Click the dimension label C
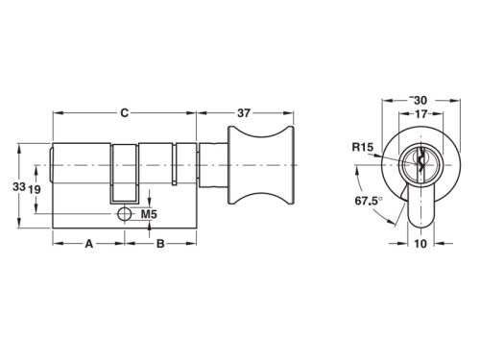click(124, 112)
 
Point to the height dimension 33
click(17, 186)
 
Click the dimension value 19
click(34, 189)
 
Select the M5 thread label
click(149, 213)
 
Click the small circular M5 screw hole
click(123, 214)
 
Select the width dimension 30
click(419, 99)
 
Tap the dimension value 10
click(419, 244)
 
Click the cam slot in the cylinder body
click(125, 168)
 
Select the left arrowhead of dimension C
click(55, 112)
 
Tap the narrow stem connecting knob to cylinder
click(212, 169)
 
